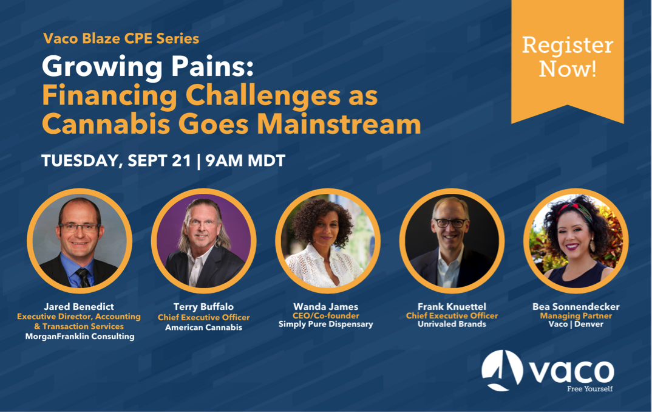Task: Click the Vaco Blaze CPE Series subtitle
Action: point(121,38)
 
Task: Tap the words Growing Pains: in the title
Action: point(148,67)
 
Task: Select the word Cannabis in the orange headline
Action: point(106,124)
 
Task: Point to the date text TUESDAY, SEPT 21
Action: point(116,160)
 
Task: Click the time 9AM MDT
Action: point(245,160)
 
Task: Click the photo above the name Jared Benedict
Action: point(80,241)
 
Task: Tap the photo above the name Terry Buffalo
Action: point(203,241)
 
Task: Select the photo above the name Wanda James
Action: point(328,241)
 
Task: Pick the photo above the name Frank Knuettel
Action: point(452,241)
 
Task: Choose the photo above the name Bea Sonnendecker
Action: point(576,241)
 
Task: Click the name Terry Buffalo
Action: point(203,307)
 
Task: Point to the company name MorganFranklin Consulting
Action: point(80,336)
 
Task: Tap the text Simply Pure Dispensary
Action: point(325,324)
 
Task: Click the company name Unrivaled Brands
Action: point(452,324)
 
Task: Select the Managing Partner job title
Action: point(576,316)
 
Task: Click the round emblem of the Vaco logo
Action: point(502,371)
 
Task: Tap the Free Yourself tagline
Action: point(589,389)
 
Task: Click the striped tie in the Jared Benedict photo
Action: point(84,278)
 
